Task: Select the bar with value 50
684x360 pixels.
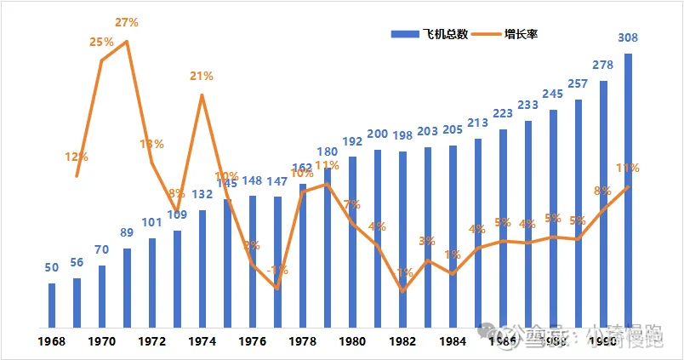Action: [52, 306]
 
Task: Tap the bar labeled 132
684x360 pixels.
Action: [202, 269]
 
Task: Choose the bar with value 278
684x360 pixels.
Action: [603, 204]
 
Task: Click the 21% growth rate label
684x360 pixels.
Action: [202, 76]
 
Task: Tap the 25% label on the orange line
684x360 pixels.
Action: [102, 42]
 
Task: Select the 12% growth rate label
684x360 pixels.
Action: [77, 157]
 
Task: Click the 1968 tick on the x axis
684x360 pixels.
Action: [52, 342]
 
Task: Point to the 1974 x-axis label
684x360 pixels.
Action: [202, 342]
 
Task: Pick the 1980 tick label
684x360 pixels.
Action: [353, 342]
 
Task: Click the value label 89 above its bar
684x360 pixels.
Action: [127, 233]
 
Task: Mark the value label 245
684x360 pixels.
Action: [553, 94]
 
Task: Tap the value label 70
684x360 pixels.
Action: [102, 250]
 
